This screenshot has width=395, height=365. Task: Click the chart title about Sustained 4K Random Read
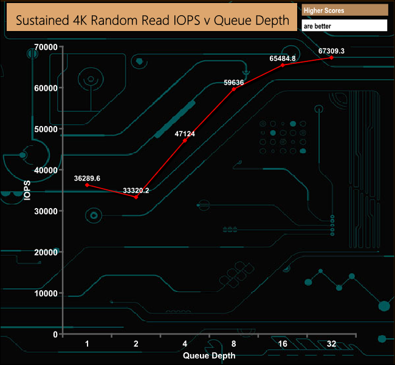point(152,19)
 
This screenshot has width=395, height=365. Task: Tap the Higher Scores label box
point(344,10)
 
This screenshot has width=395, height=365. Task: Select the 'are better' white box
point(344,26)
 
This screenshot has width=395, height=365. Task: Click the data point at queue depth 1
point(87,184)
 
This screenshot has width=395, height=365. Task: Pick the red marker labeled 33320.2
point(136,197)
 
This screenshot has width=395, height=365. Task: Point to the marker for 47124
point(185,141)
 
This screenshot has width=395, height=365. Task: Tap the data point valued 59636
point(234,89)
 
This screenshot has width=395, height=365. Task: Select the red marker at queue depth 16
point(283,65)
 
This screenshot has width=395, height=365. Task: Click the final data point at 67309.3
point(332,57)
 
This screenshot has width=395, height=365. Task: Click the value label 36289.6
point(87,178)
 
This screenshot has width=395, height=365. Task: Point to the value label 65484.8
point(283,58)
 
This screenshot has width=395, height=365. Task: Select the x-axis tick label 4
point(185,344)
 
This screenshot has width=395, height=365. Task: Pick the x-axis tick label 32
point(332,344)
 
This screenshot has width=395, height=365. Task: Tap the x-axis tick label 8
point(234,344)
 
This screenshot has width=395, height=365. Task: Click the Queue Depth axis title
point(209,355)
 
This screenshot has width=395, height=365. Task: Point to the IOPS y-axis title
point(27,190)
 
